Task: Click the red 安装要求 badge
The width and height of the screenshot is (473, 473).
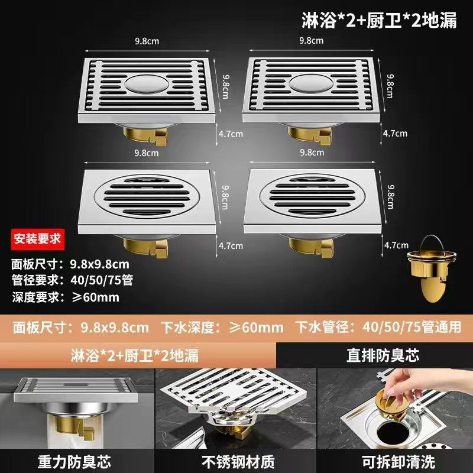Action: pyautogui.click(x=38, y=239)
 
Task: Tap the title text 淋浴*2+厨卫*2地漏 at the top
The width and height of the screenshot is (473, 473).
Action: pyautogui.click(x=379, y=21)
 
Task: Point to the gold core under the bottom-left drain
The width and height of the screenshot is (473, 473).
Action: pyautogui.click(x=145, y=248)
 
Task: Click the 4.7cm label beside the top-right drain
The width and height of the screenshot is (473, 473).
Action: pyautogui.click(x=395, y=134)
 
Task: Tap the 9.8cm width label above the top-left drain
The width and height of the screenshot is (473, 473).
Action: pyautogui.click(x=147, y=41)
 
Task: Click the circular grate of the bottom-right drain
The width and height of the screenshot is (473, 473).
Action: pyautogui.click(x=312, y=196)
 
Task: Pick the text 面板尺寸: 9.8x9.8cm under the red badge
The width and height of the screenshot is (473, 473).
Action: pyautogui.click(x=70, y=264)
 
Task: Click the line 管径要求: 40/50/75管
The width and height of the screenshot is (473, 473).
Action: pyautogui.click(x=72, y=280)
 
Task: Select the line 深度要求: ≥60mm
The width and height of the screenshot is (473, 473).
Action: pyautogui.click(x=66, y=297)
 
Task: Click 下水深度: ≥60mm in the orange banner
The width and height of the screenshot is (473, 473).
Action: pyautogui.click(x=222, y=328)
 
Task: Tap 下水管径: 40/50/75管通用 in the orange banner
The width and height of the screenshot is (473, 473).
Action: pyautogui.click(x=378, y=328)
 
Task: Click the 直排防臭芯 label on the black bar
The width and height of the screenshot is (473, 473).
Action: pyautogui.click(x=383, y=355)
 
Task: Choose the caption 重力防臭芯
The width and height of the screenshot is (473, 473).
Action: pyautogui.click(x=74, y=462)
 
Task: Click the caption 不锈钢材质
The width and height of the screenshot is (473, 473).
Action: pyautogui.click(x=238, y=462)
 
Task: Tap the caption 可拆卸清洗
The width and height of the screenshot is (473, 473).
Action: pyautogui.click(x=399, y=462)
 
